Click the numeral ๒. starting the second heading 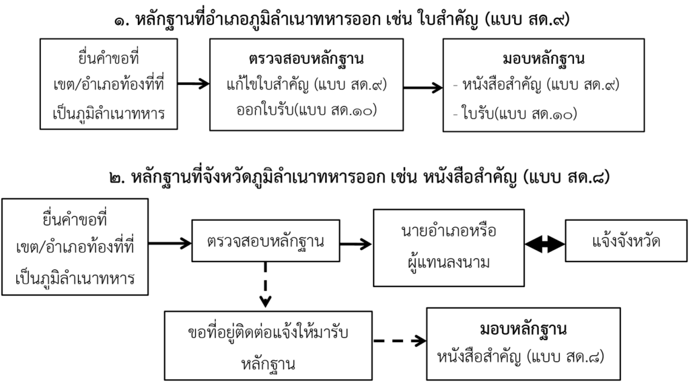click(117, 178)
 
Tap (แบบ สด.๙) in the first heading click(528, 20)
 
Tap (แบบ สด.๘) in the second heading click(567, 177)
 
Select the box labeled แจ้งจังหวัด click(626, 241)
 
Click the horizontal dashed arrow click(400, 340)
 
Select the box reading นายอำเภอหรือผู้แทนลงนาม click(449, 248)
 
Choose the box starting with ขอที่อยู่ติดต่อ click(268, 346)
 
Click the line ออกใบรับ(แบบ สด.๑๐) click(307, 110)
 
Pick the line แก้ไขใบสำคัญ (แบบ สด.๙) click(307, 84)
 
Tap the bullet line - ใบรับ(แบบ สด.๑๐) click(515, 114)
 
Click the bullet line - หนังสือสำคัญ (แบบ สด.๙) click(536, 84)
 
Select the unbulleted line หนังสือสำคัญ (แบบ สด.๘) click(521, 356)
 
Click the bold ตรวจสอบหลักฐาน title click(306, 59)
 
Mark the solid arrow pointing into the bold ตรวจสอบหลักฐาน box click(193, 83)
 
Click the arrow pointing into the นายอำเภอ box click(356, 244)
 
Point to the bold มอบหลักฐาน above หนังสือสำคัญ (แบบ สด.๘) click(523, 329)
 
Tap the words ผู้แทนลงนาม click(448, 263)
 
